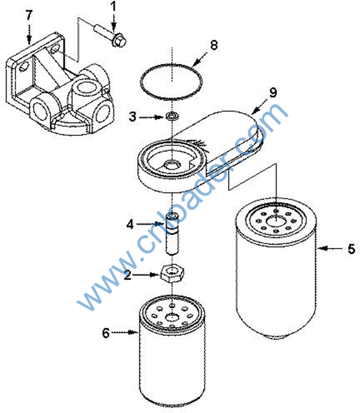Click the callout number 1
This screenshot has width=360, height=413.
[113, 6]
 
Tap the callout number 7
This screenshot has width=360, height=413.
[29, 16]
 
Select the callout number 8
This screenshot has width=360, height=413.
[214, 45]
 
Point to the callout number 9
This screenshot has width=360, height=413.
[273, 93]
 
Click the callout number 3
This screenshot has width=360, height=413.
[133, 117]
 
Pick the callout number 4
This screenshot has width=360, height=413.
[130, 225]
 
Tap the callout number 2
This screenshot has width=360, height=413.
[128, 275]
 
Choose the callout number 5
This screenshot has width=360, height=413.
[352, 249]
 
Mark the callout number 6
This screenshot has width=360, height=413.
[106, 333]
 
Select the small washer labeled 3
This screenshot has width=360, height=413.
[172, 116]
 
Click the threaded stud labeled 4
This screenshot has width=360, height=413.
[172, 234]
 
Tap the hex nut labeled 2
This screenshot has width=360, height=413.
[172, 274]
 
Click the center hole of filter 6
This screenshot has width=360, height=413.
[172, 317]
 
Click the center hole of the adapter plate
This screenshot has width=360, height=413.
[172, 166]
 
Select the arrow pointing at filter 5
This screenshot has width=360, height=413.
[330, 248]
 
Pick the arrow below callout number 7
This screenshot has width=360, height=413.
[29, 34]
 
